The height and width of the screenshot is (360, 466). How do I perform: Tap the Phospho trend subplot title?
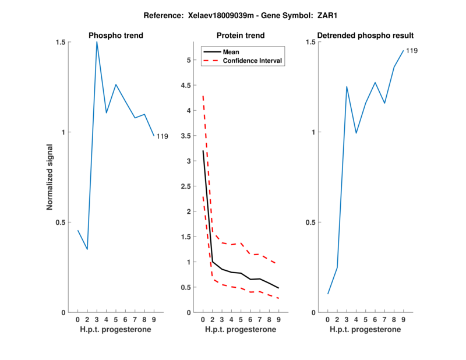coord(116,36)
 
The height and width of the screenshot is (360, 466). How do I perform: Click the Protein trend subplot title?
coord(241,36)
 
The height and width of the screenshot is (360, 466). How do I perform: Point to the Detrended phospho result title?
coord(365,36)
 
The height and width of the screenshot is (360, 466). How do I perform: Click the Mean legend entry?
coord(231,52)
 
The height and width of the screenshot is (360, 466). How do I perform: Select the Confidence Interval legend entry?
coord(253,61)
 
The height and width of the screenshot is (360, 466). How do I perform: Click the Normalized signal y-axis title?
coord(50,177)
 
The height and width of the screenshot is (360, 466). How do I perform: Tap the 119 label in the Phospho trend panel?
coord(163,136)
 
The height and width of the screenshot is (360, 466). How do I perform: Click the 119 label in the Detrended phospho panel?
coord(411,51)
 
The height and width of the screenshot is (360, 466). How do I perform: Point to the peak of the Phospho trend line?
coord(97,42)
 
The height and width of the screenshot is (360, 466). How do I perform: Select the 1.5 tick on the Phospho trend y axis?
coord(61,42)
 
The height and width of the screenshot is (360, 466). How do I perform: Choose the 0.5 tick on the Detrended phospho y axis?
coord(310,223)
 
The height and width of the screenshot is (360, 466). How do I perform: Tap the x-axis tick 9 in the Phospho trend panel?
coord(154,319)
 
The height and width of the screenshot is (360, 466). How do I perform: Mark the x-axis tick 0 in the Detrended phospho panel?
coord(328,319)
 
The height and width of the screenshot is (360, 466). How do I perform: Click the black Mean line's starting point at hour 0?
coord(203,151)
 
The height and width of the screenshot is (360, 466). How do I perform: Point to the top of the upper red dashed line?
coord(203,96)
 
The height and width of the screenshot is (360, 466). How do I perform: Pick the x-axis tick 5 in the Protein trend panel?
coord(241,319)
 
